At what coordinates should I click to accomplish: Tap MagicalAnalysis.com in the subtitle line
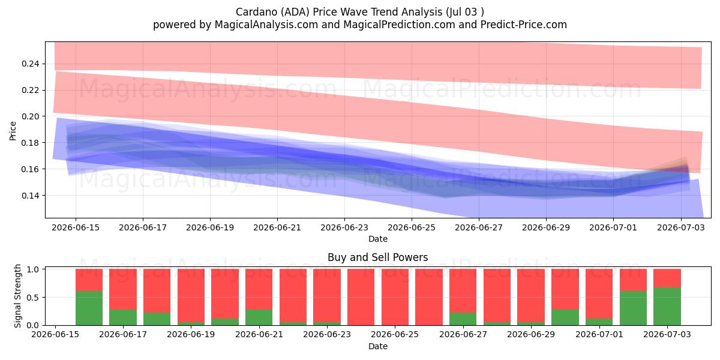tap(266, 25)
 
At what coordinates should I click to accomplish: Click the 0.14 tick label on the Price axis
tap(31, 196)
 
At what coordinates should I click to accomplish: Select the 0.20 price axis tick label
tap(31, 116)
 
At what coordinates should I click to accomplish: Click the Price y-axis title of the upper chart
tap(13, 131)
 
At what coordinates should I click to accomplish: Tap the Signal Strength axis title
tap(17, 296)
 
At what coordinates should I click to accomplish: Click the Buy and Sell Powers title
tap(377, 257)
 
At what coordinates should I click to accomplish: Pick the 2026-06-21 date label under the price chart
tap(277, 227)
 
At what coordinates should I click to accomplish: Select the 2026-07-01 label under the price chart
tap(613, 227)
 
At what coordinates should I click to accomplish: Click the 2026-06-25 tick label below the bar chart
tap(395, 334)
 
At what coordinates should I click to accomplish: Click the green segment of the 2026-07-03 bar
tap(667, 307)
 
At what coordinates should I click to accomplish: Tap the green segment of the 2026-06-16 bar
tap(89, 308)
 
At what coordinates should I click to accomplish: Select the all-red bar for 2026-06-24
tap(361, 297)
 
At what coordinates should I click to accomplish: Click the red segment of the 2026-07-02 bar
tap(633, 280)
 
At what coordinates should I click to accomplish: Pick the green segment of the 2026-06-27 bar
tap(463, 319)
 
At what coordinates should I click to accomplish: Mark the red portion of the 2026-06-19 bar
tap(191, 295)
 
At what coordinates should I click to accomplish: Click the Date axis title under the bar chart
tap(377, 346)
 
